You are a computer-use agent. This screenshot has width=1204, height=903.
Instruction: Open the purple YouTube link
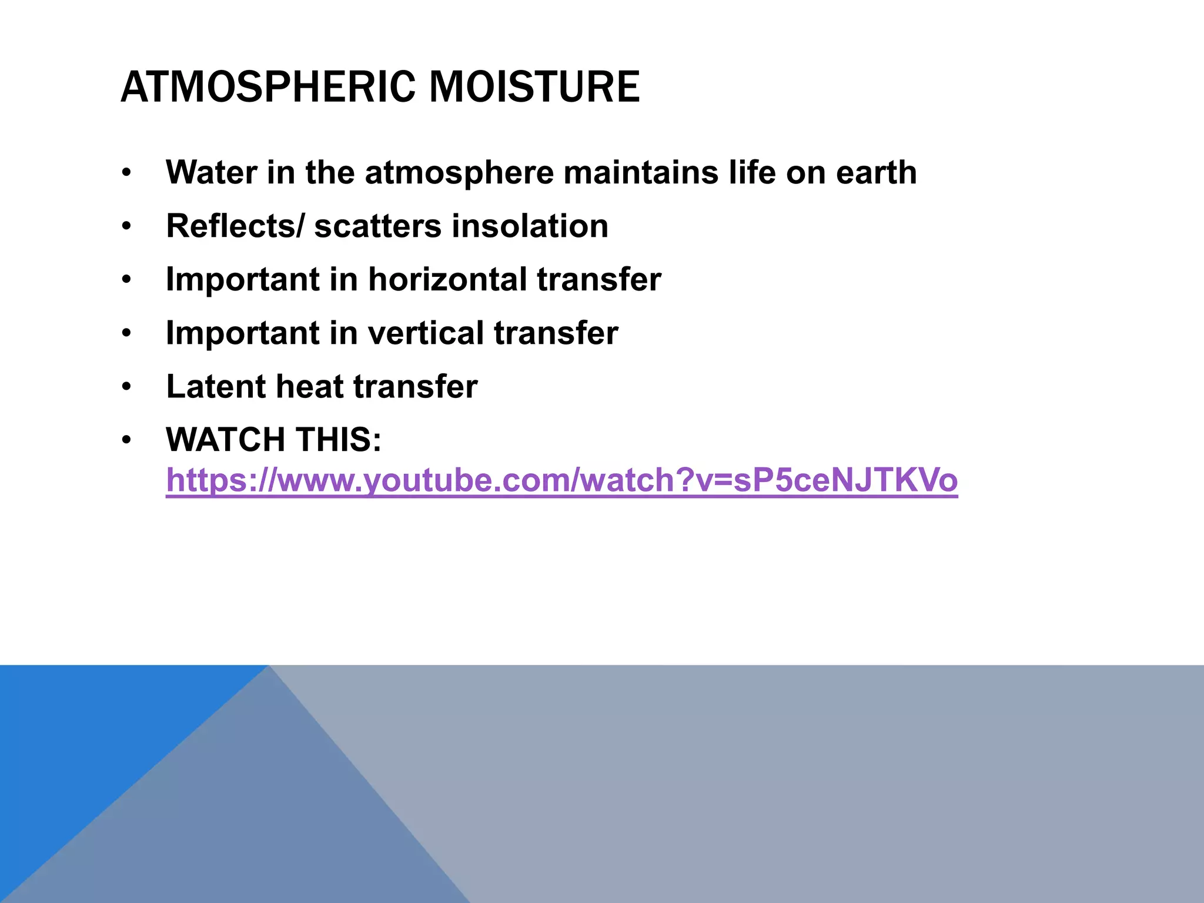tap(561, 480)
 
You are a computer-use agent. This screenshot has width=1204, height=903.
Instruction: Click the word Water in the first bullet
tap(212, 173)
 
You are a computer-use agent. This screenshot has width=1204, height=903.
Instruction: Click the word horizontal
tap(447, 279)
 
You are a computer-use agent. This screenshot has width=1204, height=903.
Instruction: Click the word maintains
tap(641, 173)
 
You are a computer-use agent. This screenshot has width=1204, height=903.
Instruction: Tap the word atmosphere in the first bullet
tap(459, 173)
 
